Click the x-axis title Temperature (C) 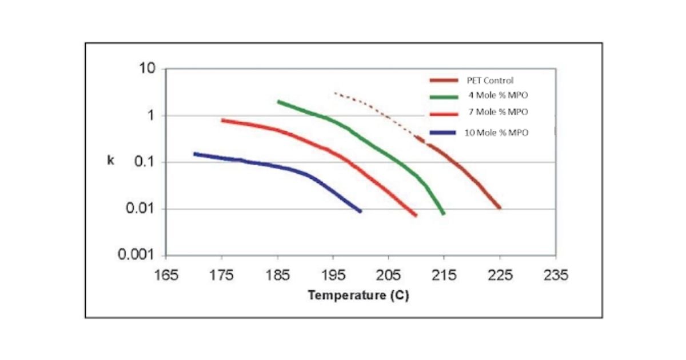point(358,296)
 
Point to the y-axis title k point(111,161)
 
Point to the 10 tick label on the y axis point(147,69)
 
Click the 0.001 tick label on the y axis point(137,255)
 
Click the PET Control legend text point(490,81)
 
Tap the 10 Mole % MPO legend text point(496,133)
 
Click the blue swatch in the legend point(444,133)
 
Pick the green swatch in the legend point(444,97)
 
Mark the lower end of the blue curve point(360,211)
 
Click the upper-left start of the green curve point(279,102)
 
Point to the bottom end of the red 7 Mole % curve point(415,215)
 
